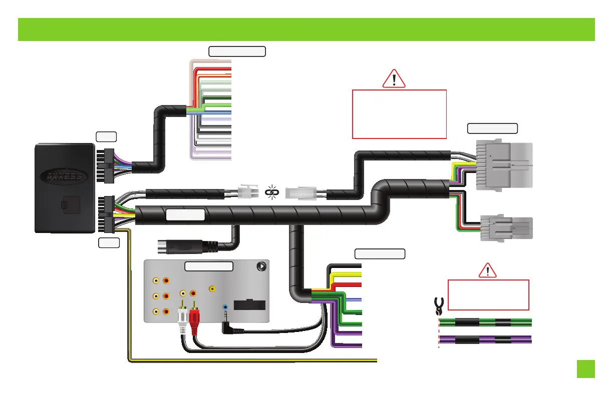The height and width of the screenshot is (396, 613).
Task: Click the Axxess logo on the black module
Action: point(64,175)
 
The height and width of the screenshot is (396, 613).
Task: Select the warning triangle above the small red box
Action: point(488,271)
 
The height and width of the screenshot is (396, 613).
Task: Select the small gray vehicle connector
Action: point(506,228)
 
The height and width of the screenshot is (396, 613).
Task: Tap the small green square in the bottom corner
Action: point(585,369)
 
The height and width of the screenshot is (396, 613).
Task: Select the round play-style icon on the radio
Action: point(261,266)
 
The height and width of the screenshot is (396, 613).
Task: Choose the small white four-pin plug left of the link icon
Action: point(246,191)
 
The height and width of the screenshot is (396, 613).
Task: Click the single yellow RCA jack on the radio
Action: point(213,288)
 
